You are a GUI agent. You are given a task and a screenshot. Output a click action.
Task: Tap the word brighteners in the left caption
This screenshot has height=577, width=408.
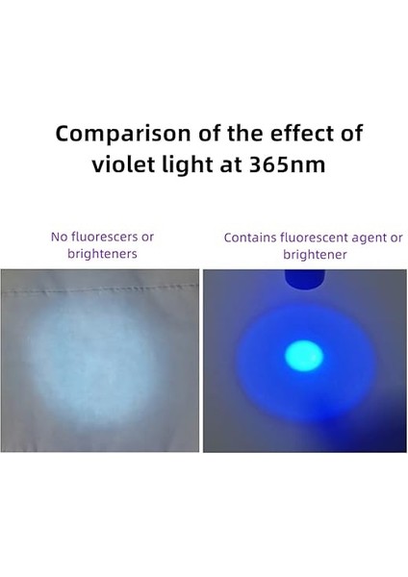101,254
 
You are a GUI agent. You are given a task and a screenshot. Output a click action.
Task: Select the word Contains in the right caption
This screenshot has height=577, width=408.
249,238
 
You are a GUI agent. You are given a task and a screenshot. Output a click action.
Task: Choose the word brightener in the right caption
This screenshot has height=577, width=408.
314,255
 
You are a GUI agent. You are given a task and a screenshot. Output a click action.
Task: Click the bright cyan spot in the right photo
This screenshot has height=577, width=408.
304,357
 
